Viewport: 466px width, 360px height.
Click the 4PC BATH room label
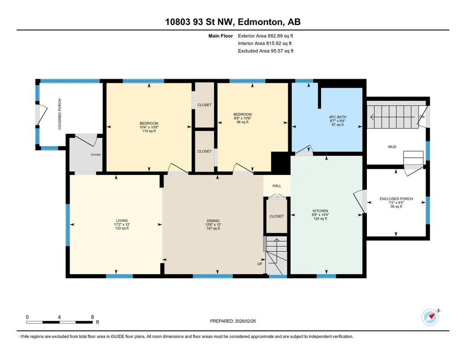coord(338,117)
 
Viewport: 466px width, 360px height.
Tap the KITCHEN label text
coord(321,211)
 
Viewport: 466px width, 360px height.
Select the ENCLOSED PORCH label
coord(396,199)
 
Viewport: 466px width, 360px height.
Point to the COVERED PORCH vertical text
coord(60,114)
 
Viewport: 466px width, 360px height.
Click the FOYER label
coord(95,155)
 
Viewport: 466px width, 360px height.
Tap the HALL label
coord(277,186)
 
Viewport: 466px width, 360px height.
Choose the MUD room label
coord(392,147)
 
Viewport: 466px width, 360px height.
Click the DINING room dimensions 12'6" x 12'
coord(213,225)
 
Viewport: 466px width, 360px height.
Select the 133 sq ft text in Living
coord(122,229)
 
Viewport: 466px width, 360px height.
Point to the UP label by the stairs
coord(260,264)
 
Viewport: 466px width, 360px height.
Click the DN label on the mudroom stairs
coord(422,117)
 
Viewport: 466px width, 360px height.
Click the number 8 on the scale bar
coord(92,317)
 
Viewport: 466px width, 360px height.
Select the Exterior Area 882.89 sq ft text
coord(266,36)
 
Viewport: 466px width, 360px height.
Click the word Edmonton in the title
coord(260,22)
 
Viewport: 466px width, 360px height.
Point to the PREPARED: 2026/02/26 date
coord(233,321)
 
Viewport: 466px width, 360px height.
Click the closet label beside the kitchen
coord(277,216)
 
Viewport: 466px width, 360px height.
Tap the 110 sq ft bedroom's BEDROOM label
coord(149,123)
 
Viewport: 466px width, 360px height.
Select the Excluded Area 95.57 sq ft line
coord(266,51)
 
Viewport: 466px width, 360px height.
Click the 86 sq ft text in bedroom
coord(242,122)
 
